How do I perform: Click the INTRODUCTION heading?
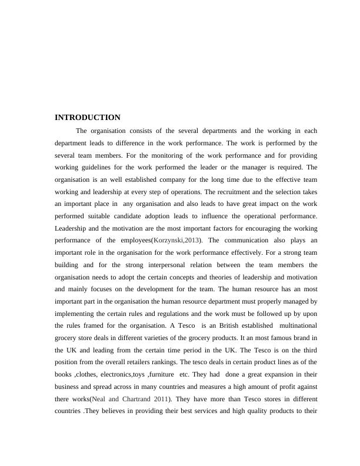[x=87, y=118]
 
